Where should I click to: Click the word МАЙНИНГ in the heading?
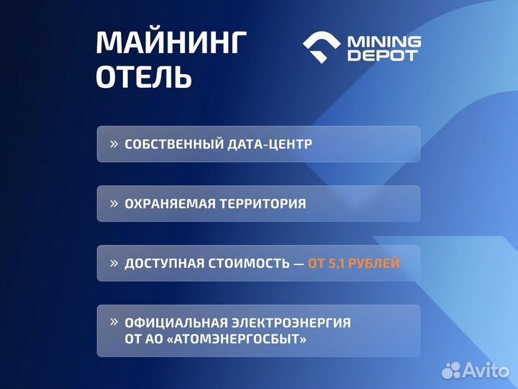coord(171,43)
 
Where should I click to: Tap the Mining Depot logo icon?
coord(322,48)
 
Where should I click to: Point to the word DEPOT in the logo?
coord(382,55)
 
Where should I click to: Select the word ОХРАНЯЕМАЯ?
coord(166,204)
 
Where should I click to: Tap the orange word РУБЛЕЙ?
coord(376,264)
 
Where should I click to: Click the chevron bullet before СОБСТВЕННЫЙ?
coord(114,144)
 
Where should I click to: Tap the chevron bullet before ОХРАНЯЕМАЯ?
coord(114,204)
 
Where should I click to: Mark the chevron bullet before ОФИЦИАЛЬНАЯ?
coord(114,322)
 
